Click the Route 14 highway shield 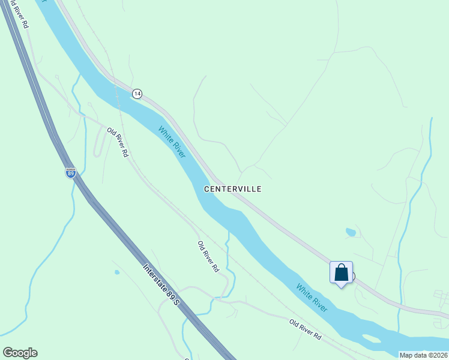pyautogui.click(x=137, y=94)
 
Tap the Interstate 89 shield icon pyautogui.click(x=71, y=173)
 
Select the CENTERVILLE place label pyautogui.click(x=232, y=188)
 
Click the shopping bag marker pyautogui.click(x=341, y=273)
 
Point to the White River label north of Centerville pyautogui.click(x=172, y=142)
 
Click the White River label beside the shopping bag pyautogui.click(x=312, y=298)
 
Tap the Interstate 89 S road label pyautogui.click(x=161, y=284)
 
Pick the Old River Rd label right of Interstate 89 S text pyautogui.click(x=208, y=257)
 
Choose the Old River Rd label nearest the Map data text pyautogui.click(x=306, y=330)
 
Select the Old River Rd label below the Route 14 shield pyautogui.click(x=118, y=142)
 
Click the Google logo pyautogui.click(x=20, y=353)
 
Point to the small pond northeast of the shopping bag pyautogui.click(x=351, y=232)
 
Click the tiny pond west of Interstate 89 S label pyautogui.click(x=116, y=272)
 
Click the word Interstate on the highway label pyautogui.click(x=154, y=276)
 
